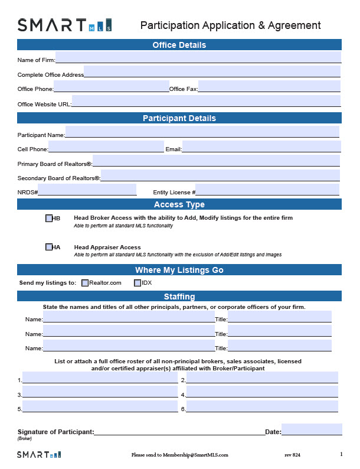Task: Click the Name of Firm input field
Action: (198, 57)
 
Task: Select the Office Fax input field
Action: (269, 87)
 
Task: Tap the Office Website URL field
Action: (206, 102)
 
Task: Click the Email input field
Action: (261, 147)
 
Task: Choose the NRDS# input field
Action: (87, 190)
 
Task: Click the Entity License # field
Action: (267, 190)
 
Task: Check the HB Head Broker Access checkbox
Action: (49, 219)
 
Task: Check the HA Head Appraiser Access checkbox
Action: (49, 247)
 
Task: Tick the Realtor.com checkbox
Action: (85, 283)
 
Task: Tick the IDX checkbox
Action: (138, 283)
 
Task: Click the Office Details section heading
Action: (179, 45)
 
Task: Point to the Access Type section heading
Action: (179, 204)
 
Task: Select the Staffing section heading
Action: (179, 297)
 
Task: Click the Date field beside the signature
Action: (311, 430)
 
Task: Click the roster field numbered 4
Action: (262, 392)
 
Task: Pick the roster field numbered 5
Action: (100, 406)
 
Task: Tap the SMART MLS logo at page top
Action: (64, 25)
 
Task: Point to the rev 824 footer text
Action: (292, 455)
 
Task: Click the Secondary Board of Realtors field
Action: (220, 175)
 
